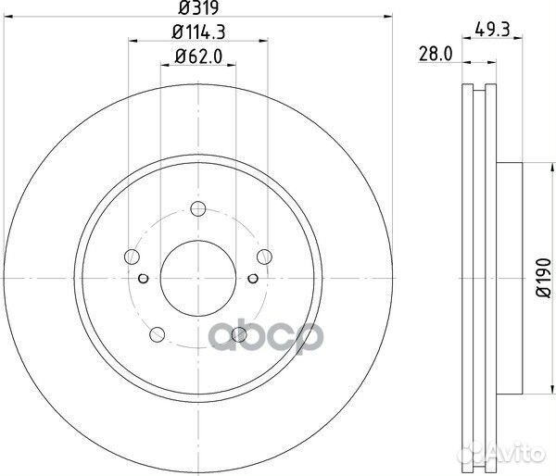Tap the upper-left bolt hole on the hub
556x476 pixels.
click(132, 257)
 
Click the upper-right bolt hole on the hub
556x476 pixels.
click(265, 257)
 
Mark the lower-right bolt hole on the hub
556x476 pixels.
click(239, 332)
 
